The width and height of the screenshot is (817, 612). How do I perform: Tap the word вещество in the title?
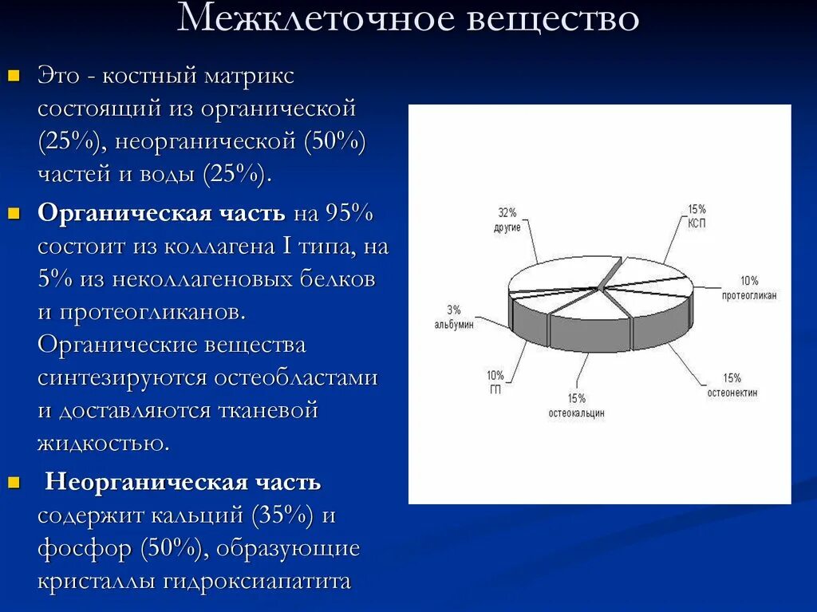552,19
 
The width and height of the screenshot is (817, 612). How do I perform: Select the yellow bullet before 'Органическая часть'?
13,215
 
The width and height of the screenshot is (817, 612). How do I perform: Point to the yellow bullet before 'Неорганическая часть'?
13,483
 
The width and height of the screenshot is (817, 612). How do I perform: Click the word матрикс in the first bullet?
249,77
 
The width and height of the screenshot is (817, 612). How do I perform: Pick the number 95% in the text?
349,214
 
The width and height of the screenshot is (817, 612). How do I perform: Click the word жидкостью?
103,444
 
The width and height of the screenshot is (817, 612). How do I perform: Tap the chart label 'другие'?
507,227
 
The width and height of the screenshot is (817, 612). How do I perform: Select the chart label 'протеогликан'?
749,295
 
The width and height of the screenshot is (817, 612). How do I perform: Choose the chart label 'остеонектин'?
732,393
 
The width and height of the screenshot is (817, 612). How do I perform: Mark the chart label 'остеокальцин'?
577,413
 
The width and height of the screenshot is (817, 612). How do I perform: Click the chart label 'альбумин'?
454,325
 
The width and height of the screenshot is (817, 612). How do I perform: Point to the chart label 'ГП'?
495,389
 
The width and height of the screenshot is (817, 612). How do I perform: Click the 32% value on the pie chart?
507,213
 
